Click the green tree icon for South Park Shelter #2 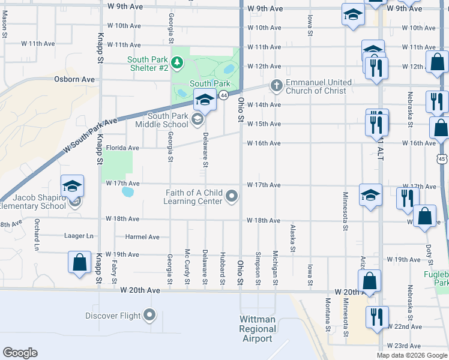point(177,62)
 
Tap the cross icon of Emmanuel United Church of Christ point(276,85)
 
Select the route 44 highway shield point(223,95)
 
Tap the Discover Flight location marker point(149,316)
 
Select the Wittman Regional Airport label point(257,329)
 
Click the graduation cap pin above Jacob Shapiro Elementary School point(72,187)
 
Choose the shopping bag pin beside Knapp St point(79,262)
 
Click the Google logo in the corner point(20,353)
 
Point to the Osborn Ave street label point(74,79)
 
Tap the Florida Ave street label point(122,148)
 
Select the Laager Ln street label point(79,236)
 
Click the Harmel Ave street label point(142,237)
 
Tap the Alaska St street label point(292,238)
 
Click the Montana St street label point(328,315)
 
